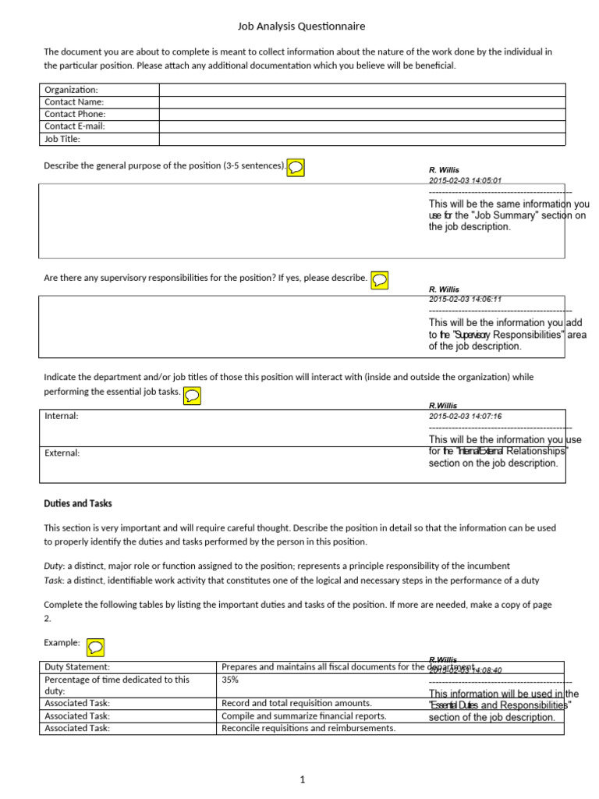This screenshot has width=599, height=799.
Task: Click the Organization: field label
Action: tap(71, 90)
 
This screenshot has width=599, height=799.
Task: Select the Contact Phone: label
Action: tap(75, 114)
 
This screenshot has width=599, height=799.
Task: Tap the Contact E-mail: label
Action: tap(75, 126)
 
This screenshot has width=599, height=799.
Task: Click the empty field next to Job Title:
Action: tap(362, 139)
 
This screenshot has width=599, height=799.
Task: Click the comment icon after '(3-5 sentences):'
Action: tap(296, 167)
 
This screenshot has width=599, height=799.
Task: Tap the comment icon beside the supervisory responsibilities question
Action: tap(380, 279)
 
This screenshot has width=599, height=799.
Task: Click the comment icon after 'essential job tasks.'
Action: tap(192, 396)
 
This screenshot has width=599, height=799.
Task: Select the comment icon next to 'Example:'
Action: tap(95, 647)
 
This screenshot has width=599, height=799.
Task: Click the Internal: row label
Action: tap(62, 417)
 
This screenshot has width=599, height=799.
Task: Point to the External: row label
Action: tap(62, 453)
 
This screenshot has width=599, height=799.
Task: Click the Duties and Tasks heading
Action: tap(78, 504)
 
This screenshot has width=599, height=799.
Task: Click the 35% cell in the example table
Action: tap(231, 680)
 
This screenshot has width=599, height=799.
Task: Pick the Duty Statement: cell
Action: tap(77, 667)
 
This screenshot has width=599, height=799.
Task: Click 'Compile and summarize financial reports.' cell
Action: tap(303, 716)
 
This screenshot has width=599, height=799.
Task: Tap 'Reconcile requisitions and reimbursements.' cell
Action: tap(308, 728)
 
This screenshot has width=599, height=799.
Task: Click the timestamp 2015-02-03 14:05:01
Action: tap(465, 180)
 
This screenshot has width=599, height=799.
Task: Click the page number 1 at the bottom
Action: tap(303, 779)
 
